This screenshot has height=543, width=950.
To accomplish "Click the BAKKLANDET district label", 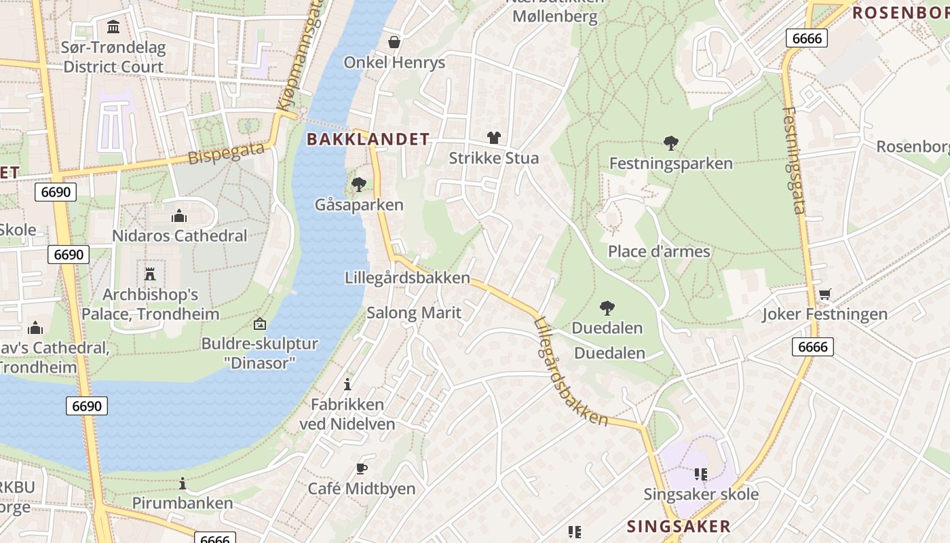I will [x=368, y=140].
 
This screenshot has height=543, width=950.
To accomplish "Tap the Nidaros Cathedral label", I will [x=179, y=236].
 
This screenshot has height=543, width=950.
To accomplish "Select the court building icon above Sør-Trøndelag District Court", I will [x=113, y=27].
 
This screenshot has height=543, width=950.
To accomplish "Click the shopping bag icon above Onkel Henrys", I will [x=394, y=42].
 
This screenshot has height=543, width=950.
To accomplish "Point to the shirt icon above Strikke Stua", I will [x=493, y=138].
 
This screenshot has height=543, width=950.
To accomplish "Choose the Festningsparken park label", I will [x=670, y=164].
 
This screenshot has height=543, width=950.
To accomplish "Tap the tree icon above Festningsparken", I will [x=670, y=143].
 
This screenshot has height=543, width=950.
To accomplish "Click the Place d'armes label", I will [x=658, y=252].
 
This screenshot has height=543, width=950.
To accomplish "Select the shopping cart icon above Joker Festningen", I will [x=824, y=295].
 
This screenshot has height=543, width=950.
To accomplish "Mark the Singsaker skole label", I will [x=700, y=494].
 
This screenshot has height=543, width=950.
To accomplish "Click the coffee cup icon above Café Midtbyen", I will [x=362, y=468].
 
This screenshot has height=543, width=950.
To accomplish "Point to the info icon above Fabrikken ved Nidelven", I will [x=347, y=384].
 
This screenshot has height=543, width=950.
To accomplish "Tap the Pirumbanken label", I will [x=182, y=503].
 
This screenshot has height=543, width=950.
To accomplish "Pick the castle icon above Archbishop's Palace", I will [x=150, y=274].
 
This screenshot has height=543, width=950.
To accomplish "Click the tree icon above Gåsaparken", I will [x=359, y=184].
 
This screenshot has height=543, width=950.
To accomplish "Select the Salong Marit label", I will [x=413, y=313].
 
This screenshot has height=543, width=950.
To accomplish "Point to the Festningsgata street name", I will [x=793, y=160].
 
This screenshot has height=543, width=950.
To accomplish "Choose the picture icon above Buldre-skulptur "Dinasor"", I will [x=259, y=324].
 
